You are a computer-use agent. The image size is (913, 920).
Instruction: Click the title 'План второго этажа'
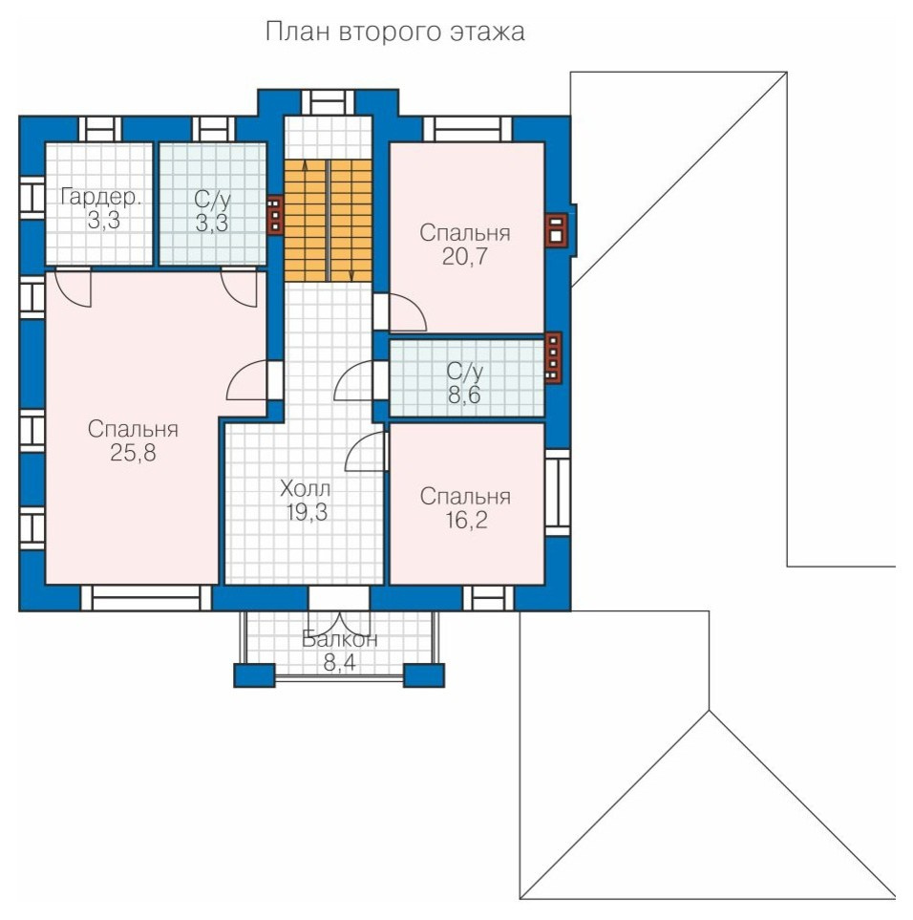pyautogui.click(x=394, y=32)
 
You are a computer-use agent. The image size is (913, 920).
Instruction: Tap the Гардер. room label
pyautogui.click(x=101, y=197)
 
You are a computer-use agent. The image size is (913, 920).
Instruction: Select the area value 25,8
pyautogui.click(x=133, y=453)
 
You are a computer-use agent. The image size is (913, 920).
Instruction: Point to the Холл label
pyautogui.click(x=305, y=488)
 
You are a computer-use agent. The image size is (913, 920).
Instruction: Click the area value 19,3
pyautogui.click(x=307, y=512)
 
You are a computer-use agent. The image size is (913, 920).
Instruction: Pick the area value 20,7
pyautogui.click(x=464, y=256)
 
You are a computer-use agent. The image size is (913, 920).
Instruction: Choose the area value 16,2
pyautogui.click(x=465, y=521)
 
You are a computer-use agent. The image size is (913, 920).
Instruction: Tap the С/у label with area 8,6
pyautogui.click(x=464, y=371)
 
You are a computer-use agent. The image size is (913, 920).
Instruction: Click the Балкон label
pyautogui.click(x=340, y=639)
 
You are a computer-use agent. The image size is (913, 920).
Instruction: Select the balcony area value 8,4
pyautogui.click(x=340, y=663)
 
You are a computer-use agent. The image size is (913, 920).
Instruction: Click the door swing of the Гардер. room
pyautogui.click(x=74, y=288)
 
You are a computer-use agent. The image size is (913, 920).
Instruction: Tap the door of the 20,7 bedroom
pyautogui.click(x=408, y=312)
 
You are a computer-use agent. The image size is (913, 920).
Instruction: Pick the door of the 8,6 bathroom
pyautogui.click(x=353, y=380)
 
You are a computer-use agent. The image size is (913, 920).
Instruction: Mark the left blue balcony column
pyautogui.click(x=254, y=675)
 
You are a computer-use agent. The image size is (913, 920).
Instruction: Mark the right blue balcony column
pyautogui.click(x=423, y=675)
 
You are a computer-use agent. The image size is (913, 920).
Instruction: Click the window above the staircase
pyautogui.click(x=329, y=102)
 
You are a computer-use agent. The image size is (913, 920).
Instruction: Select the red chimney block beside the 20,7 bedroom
pyautogui.click(x=555, y=229)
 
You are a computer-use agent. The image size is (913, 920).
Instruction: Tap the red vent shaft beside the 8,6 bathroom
pyautogui.click(x=553, y=358)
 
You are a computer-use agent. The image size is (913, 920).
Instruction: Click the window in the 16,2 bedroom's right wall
pyautogui.click(x=558, y=493)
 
